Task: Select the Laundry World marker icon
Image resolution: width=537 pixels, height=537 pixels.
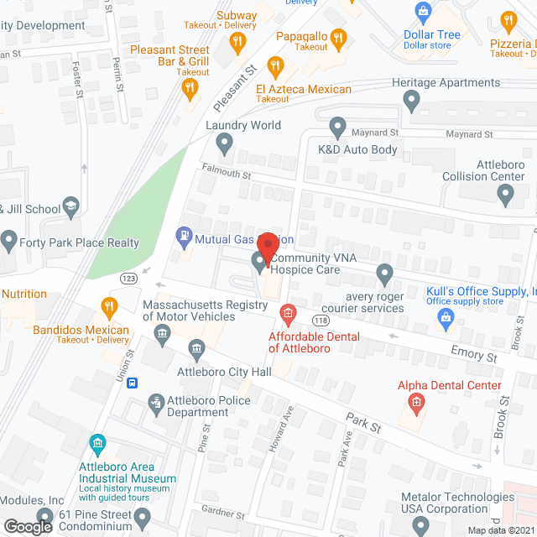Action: [224, 143]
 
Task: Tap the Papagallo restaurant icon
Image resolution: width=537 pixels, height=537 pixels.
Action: [338, 37]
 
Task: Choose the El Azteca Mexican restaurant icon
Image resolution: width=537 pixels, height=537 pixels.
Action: [274, 65]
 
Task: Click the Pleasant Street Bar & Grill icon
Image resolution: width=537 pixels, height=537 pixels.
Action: [190, 86]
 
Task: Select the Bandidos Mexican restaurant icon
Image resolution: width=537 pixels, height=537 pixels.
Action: [107, 307]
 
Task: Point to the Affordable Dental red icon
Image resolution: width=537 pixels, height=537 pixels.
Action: [288, 316]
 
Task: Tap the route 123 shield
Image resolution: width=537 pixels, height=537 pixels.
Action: [128, 279]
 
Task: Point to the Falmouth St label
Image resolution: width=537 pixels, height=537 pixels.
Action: [226, 174]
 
